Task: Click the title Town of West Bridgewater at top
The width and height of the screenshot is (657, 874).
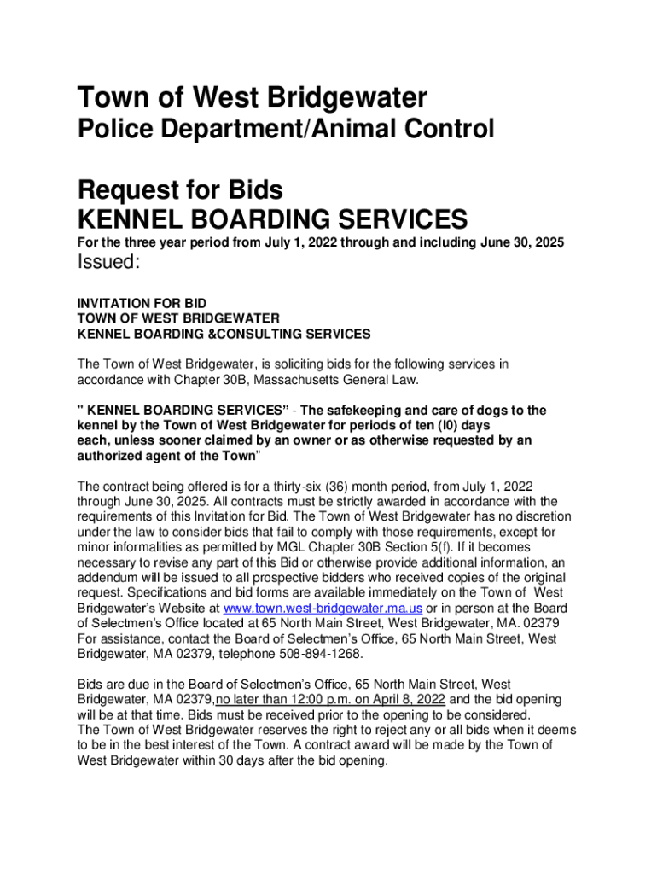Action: point(252,97)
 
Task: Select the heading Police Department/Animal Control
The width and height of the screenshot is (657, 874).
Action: point(286,130)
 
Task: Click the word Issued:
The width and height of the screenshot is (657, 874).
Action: point(108,263)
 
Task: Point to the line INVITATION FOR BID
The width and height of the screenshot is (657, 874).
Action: point(142,303)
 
